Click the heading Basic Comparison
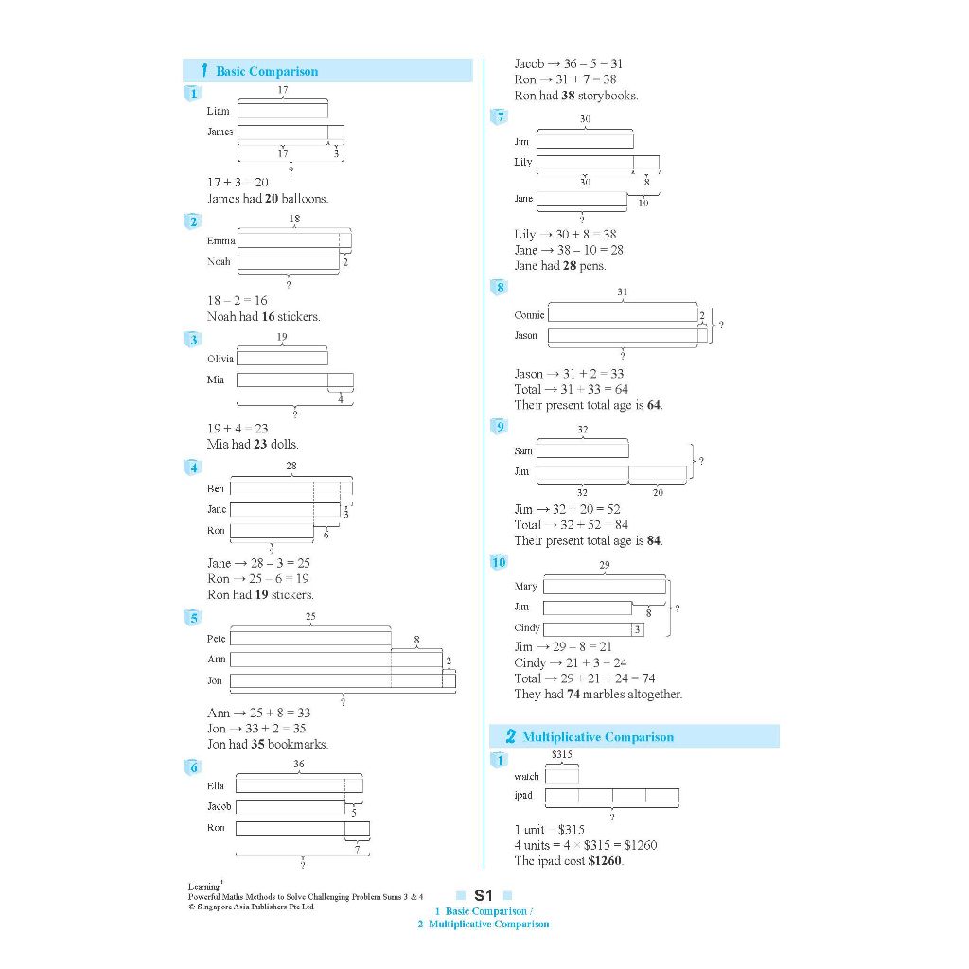point(266,71)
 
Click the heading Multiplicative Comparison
point(597,737)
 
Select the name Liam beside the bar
point(218,111)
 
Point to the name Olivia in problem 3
point(220,359)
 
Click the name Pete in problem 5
point(216,639)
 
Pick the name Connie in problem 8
point(529,315)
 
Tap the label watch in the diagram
point(526,777)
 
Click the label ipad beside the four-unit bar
point(523,795)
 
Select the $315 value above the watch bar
point(562,755)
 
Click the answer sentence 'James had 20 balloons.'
point(268,199)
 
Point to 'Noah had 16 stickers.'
point(263,317)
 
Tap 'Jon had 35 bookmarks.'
point(268,745)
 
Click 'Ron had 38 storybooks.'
point(575,96)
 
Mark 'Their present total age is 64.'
point(588,405)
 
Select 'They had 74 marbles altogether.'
point(598,695)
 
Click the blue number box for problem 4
point(193,467)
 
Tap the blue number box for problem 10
point(500,563)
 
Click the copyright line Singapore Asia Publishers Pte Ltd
point(250,907)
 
